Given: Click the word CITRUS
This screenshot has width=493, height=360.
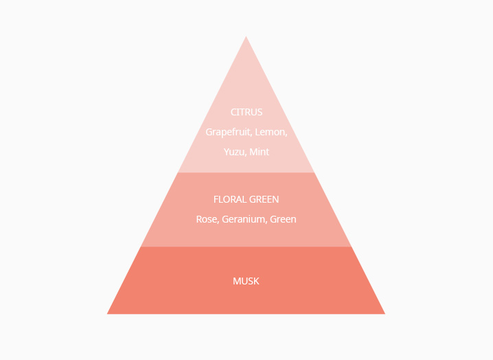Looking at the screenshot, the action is point(246,112).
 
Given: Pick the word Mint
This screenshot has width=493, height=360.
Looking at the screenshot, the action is point(260,152).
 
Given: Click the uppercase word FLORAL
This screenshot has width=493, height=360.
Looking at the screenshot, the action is point(231,199).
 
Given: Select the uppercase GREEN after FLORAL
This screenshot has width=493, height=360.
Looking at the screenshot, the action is point(264,199).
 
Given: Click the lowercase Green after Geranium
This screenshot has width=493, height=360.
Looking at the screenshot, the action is point(283,219).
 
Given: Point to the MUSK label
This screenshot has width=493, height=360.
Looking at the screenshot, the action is point(246,281).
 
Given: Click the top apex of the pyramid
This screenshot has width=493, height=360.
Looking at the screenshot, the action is point(246,36).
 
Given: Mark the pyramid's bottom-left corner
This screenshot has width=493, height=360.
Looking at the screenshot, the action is point(107,314).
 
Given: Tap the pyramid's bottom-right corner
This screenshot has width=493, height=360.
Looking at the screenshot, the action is point(385,314).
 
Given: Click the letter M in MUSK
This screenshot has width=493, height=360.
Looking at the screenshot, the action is point(236,281).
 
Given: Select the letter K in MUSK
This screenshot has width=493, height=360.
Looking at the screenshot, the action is point(257,281).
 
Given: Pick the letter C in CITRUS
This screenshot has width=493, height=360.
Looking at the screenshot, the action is point(233,112).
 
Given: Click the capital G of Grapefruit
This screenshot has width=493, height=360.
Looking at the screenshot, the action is point(209,132).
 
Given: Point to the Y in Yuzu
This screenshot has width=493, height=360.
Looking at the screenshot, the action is point(227,152).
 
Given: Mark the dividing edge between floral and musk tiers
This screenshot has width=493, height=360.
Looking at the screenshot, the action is point(246,247).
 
